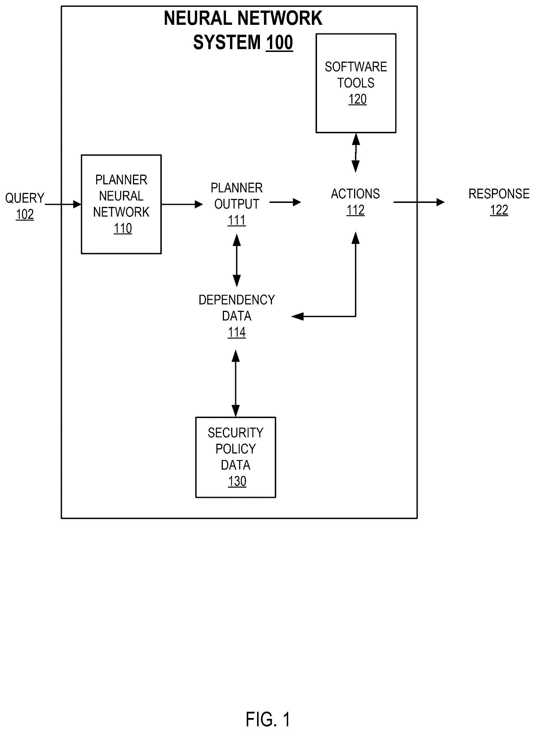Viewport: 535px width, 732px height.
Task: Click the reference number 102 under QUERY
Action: [25, 214]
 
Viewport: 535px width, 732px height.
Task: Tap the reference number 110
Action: [123, 228]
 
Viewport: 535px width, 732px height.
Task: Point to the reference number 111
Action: [237, 220]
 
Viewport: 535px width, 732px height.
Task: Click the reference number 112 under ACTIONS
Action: [356, 210]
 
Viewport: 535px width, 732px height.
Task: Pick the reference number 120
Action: [358, 99]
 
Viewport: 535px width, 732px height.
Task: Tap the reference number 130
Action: [237, 481]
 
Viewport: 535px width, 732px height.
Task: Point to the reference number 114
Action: [237, 332]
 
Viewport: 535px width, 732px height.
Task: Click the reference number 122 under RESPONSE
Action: [499, 210]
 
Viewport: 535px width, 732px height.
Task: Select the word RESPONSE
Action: [499, 194]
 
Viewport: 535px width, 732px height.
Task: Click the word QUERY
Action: [25, 198]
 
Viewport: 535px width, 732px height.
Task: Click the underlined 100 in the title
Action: [279, 43]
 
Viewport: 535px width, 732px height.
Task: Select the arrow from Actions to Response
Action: [419, 202]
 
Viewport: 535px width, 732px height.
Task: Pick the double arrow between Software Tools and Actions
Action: [356, 153]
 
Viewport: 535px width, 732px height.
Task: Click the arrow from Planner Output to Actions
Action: [285, 202]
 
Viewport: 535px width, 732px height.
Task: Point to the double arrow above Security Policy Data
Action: [236, 383]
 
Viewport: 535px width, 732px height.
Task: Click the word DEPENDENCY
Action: [237, 300]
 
